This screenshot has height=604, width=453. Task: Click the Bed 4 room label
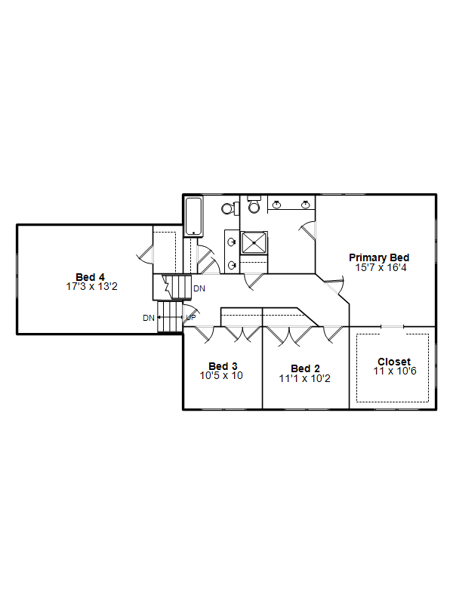coord(90,277)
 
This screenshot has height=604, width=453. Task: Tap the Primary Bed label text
coord(379,257)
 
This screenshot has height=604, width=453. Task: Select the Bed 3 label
coord(223,366)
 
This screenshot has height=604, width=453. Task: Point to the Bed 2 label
coord(306,368)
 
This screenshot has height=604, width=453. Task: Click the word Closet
coord(394,362)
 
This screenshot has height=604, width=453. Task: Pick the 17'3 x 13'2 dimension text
coord(91,287)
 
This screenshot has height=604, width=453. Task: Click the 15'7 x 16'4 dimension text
coord(381,268)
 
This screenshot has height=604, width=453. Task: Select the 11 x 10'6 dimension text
coord(395,371)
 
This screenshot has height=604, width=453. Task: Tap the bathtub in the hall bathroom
coord(193,216)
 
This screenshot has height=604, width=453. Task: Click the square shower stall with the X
coord(254,242)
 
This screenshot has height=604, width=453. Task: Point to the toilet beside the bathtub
coord(230,209)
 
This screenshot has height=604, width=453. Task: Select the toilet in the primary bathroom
coord(254,205)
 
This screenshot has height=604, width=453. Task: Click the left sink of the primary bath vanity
coord(276,205)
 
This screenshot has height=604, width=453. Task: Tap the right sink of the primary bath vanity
coord(306,205)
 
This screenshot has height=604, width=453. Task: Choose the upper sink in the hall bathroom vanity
coord(232,242)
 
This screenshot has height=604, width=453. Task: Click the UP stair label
coord(191,317)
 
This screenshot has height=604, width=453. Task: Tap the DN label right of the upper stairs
coord(199,288)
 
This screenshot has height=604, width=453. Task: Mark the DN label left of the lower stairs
coord(149,318)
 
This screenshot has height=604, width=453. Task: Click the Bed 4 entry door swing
coord(145,254)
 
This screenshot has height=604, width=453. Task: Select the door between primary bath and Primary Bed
coord(307,230)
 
